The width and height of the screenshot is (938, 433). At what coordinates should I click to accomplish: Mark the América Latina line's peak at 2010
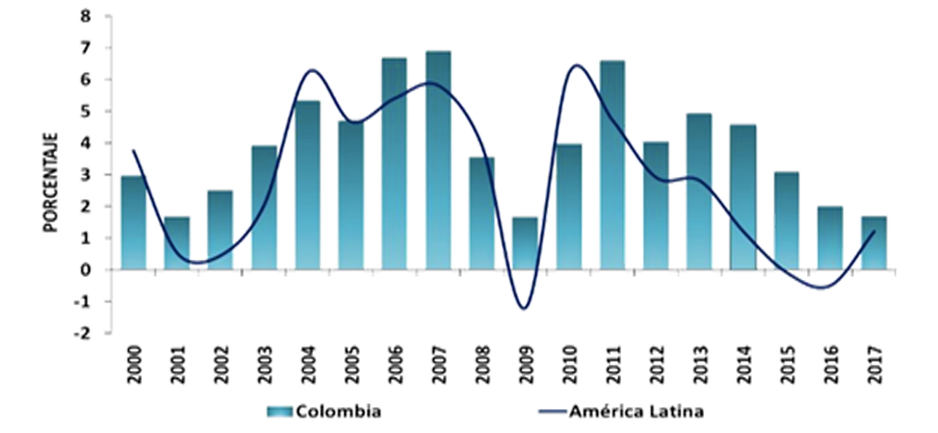(576, 65)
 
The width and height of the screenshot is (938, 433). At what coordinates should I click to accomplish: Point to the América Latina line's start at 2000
(133, 150)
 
